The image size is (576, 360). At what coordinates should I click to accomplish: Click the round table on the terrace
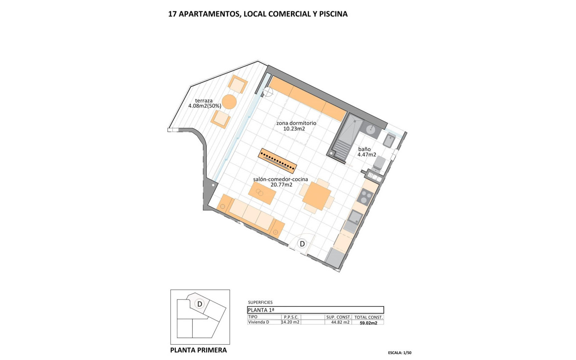[x=229, y=102]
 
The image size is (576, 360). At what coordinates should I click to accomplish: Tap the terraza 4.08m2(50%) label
[x=205, y=103]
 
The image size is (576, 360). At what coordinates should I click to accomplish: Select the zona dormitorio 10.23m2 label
[x=296, y=126]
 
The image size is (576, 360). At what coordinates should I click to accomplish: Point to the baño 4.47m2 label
[x=367, y=152]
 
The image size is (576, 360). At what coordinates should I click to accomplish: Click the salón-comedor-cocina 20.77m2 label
[x=281, y=182]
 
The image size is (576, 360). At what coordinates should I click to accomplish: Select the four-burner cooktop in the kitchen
[x=365, y=196]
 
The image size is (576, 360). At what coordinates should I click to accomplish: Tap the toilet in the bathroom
[x=379, y=163]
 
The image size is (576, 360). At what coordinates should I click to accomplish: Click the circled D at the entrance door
[x=302, y=244]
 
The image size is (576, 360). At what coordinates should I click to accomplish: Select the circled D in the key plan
[x=199, y=304]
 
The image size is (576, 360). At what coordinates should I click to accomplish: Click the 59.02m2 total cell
[x=368, y=322]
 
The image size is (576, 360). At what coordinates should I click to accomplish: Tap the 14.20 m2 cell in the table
[x=291, y=322]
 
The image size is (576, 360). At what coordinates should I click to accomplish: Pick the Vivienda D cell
[x=259, y=322]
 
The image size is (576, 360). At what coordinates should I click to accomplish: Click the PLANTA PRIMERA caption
[x=198, y=350]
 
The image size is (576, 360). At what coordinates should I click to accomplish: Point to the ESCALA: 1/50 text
[x=399, y=352]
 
